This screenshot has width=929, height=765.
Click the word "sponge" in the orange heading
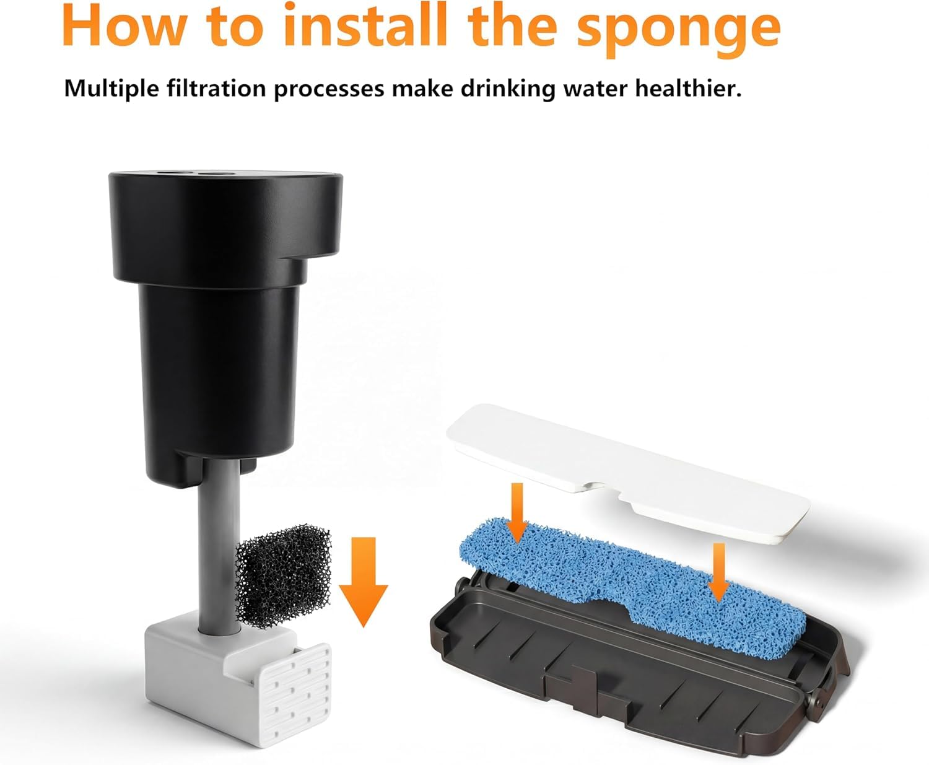tap(679, 30)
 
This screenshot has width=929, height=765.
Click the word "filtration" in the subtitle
tap(216, 89)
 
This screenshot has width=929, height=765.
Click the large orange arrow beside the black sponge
tap(363, 582)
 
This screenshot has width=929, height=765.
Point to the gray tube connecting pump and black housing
tap(219, 546)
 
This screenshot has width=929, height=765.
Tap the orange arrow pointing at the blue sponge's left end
tap(517, 513)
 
